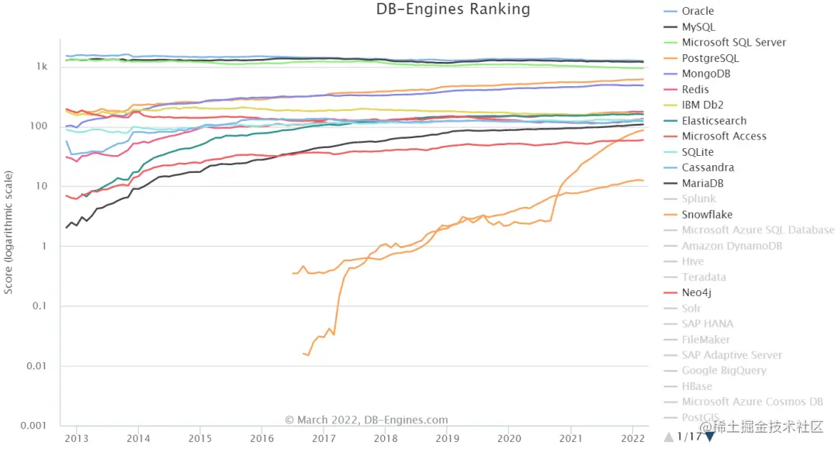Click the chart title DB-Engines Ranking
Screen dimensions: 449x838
click(453, 9)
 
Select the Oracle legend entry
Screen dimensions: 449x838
click(698, 11)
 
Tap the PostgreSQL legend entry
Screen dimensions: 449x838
click(710, 58)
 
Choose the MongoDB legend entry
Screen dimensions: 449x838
click(705, 74)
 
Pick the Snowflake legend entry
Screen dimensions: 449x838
click(707, 215)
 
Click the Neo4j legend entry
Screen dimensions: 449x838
click(698, 292)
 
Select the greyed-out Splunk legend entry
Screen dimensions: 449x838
click(698, 199)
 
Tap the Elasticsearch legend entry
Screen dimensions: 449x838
click(714, 120)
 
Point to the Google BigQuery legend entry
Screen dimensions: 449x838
click(724, 371)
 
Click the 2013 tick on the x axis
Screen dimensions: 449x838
click(76, 438)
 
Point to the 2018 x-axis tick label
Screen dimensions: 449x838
click(386, 438)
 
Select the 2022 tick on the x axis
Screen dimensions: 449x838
click(633, 438)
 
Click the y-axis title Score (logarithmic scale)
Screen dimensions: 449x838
click(9, 233)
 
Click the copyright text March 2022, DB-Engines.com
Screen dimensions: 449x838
click(366, 420)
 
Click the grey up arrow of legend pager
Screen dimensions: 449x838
click(669, 437)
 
